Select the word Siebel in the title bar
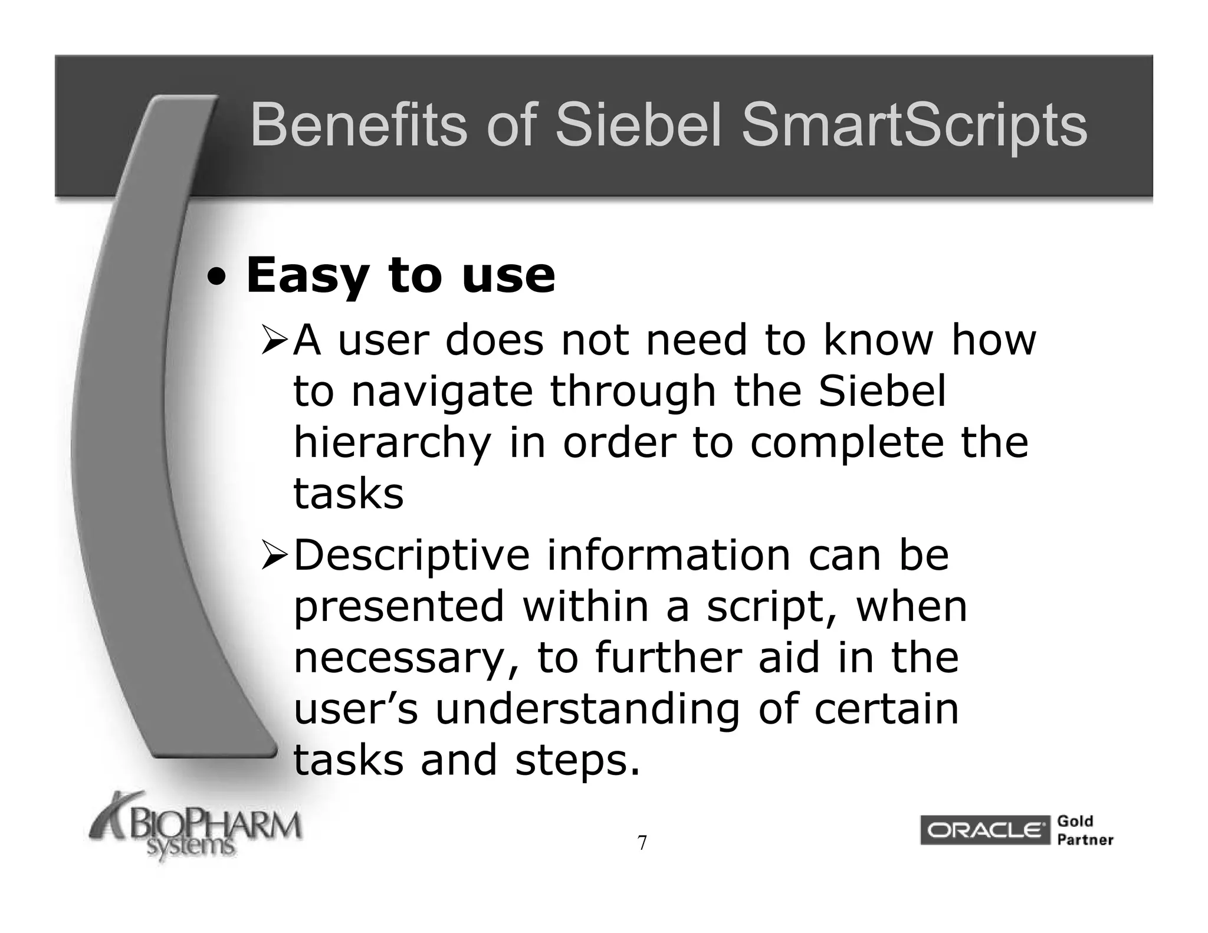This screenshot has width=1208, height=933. (639, 126)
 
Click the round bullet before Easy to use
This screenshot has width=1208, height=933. (219, 277)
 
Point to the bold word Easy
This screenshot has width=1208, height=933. (307, 276)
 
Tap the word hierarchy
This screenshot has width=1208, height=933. (392, 444)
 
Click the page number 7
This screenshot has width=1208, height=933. (642, 843)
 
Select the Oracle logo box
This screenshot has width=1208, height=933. (984, 830)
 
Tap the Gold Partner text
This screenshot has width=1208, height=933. (1085, 830)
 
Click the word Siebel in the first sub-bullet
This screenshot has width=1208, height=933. (882, 392)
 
